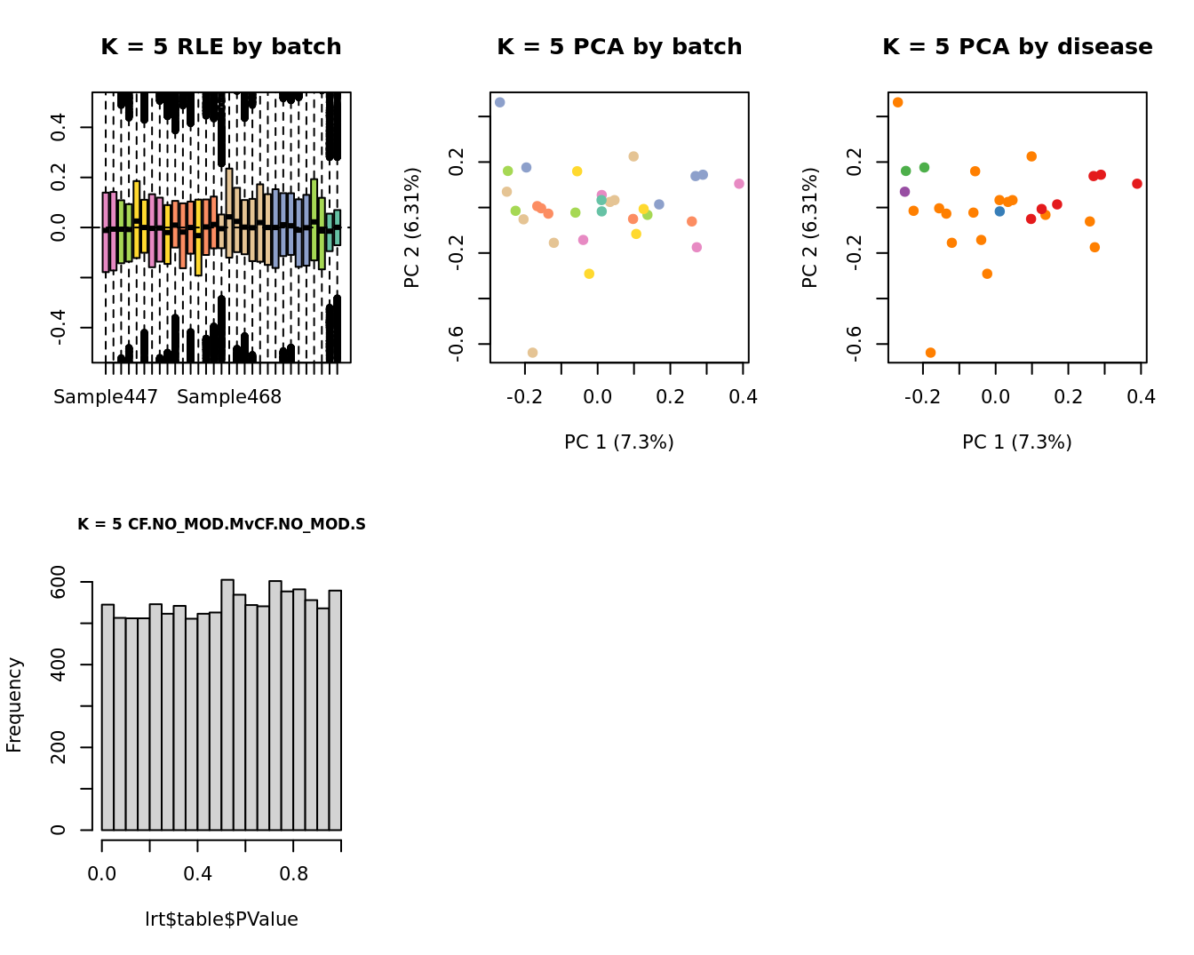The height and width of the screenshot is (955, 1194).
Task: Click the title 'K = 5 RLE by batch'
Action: (x=220, y=47)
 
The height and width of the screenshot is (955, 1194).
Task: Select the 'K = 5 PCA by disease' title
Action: (x=1017, y=47)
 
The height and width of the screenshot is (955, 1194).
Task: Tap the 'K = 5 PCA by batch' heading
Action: (x=619, y=47)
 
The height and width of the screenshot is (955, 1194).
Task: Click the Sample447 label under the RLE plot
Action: (x=106, y=397)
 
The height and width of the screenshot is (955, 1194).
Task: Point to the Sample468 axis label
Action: (x=229, y=397)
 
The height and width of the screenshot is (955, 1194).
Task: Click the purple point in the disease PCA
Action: (x=904, y=192)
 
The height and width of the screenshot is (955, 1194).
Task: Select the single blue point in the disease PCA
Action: (x=999, y=211)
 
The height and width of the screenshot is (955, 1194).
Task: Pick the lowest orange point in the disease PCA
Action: (x=930, y=353)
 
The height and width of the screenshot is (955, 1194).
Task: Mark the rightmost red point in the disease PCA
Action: (x=1137, y=184)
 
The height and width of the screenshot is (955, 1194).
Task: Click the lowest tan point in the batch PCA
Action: (x=532, y=353)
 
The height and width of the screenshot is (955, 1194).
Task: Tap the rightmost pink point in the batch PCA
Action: (x=739, y=184)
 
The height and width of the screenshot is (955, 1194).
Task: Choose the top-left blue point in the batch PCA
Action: (x=499, y=103)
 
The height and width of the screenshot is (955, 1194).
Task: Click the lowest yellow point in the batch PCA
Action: (x=589, y=274)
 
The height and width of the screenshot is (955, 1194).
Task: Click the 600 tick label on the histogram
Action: (x=59, y=582)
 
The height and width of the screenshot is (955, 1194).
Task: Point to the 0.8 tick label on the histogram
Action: (x=294, y=873)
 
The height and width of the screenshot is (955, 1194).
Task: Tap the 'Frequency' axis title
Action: (x=14, y=704)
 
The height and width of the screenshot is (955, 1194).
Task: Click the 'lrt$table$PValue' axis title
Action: (x=221, y=919)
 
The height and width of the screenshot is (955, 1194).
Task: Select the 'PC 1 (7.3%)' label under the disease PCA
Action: (x=1017, y=442)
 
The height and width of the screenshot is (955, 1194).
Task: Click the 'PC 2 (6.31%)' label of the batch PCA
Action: (x=412, y=227)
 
